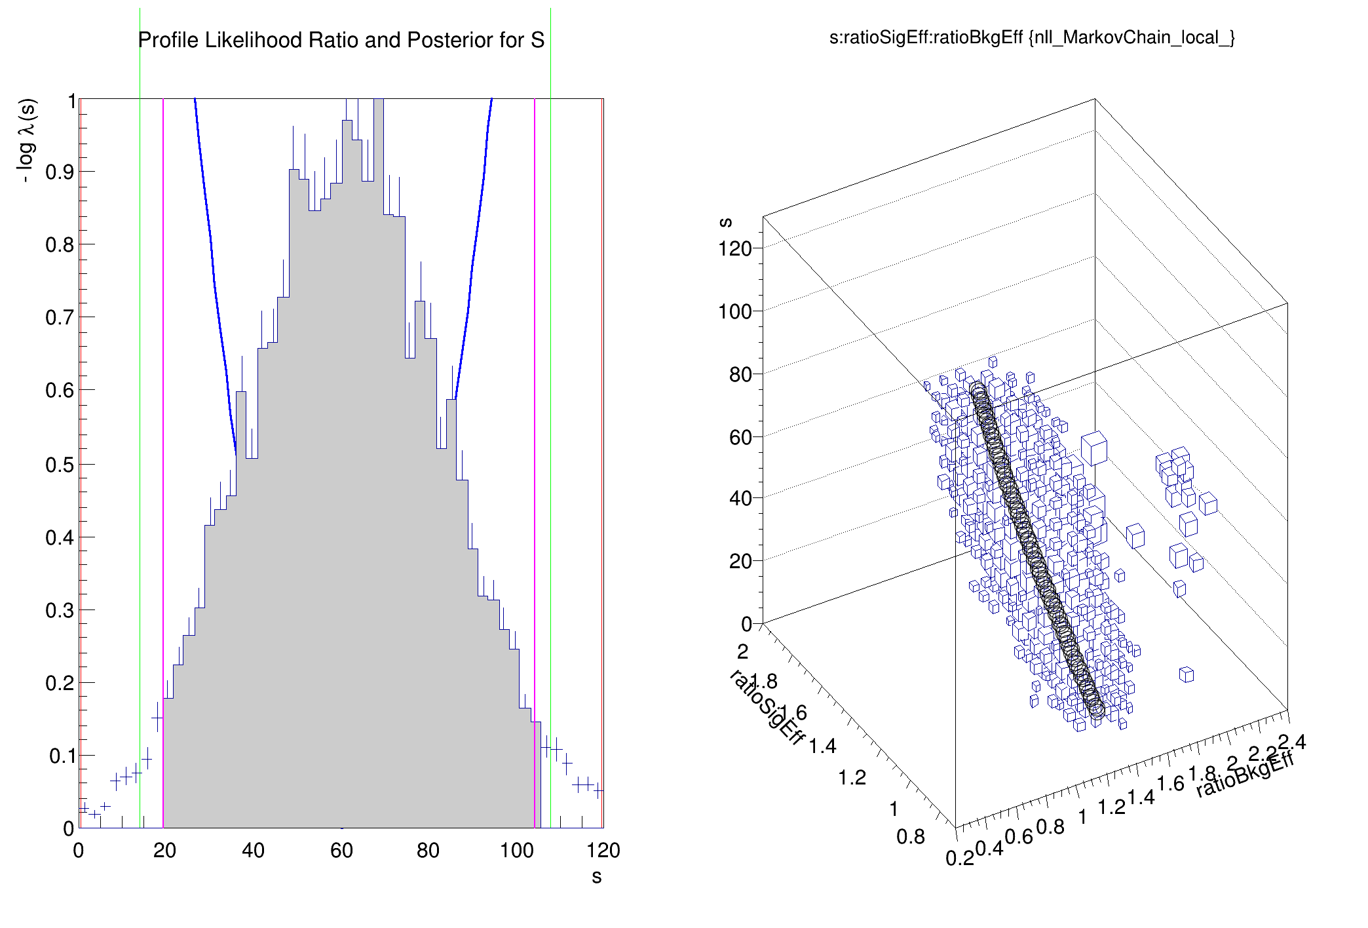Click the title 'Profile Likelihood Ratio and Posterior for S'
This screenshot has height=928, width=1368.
[x=341, y=41]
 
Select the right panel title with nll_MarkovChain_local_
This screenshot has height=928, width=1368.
[x=1032, y=37]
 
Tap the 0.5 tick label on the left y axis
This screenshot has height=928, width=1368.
[x=60, y=465]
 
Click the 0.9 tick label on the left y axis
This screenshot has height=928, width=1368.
[x=60, y=172]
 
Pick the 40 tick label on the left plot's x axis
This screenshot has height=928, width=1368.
[x=253, y=851]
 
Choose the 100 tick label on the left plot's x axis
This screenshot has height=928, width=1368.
[x=516, y=851]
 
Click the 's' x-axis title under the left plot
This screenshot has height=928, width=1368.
[x=596, y=877]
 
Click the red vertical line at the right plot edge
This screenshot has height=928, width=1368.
[x=602, y=459]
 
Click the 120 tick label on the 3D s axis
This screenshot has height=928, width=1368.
[x=734, y=249]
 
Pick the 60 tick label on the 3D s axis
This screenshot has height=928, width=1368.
[x=740, y=437]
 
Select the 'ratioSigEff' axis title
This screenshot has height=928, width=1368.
[x=767, y=708]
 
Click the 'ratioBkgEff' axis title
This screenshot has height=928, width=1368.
[x=1245, y=775]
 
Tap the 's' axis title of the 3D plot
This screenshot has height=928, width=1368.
[x=725, y=222]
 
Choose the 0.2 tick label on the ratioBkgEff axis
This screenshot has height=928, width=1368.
[x=959, y=858]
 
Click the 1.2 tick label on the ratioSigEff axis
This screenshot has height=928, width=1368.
[x=852, y=778]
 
